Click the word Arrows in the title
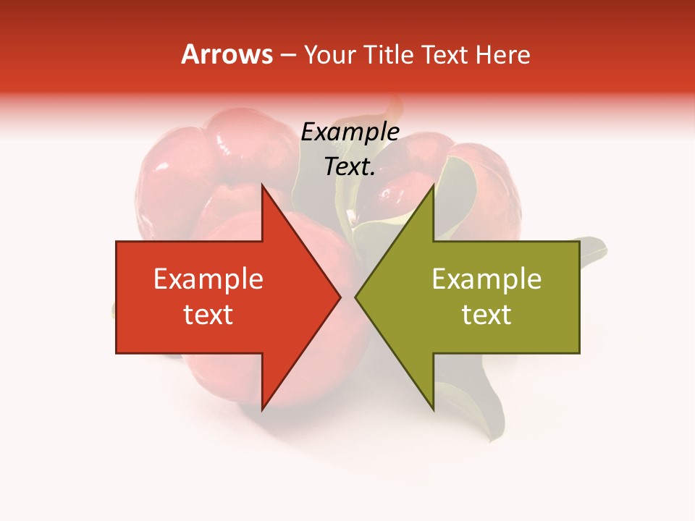tap(227, 54)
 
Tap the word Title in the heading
tap(388, 55)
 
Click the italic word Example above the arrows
tap(350, 132)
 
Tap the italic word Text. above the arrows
tap(350, 167)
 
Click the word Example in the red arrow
tap(208, 279)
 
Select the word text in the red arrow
tap(208, 315)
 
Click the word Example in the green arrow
tap(486, 279)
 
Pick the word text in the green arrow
tap(486, 315)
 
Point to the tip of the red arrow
tap(340, 297)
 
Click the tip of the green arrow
tap(355, 297)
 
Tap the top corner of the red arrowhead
tap(262, 185)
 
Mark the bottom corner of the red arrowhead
tap(262, 410)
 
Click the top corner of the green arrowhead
tap(433, 185)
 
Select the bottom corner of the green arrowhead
tap(433, 410)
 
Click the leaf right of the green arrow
tap(593, 250)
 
